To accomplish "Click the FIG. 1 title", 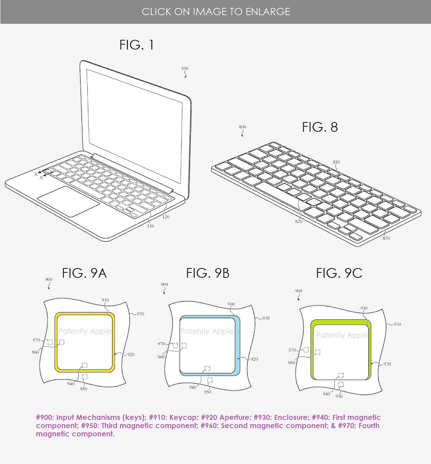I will (137, 45).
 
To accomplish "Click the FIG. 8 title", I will (320, 127).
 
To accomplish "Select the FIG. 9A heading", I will (84, 273).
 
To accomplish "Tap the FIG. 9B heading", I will (207, 273).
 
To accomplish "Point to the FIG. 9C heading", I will (339, 273).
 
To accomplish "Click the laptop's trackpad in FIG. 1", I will (69, 201).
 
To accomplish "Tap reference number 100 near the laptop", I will (184, 69).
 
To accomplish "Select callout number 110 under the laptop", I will (150, 226).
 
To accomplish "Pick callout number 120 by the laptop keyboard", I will (166, 217).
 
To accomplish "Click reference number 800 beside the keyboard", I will (243, 127).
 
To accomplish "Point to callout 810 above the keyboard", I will (336, 162).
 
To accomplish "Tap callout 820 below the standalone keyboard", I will (299, 221).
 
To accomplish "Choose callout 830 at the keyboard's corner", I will (386, 238).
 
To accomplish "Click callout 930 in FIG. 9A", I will (140, 314).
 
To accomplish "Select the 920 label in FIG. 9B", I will (254, 359).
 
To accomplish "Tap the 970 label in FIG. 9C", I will (292, 350).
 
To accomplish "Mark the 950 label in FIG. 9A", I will (84, 389).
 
